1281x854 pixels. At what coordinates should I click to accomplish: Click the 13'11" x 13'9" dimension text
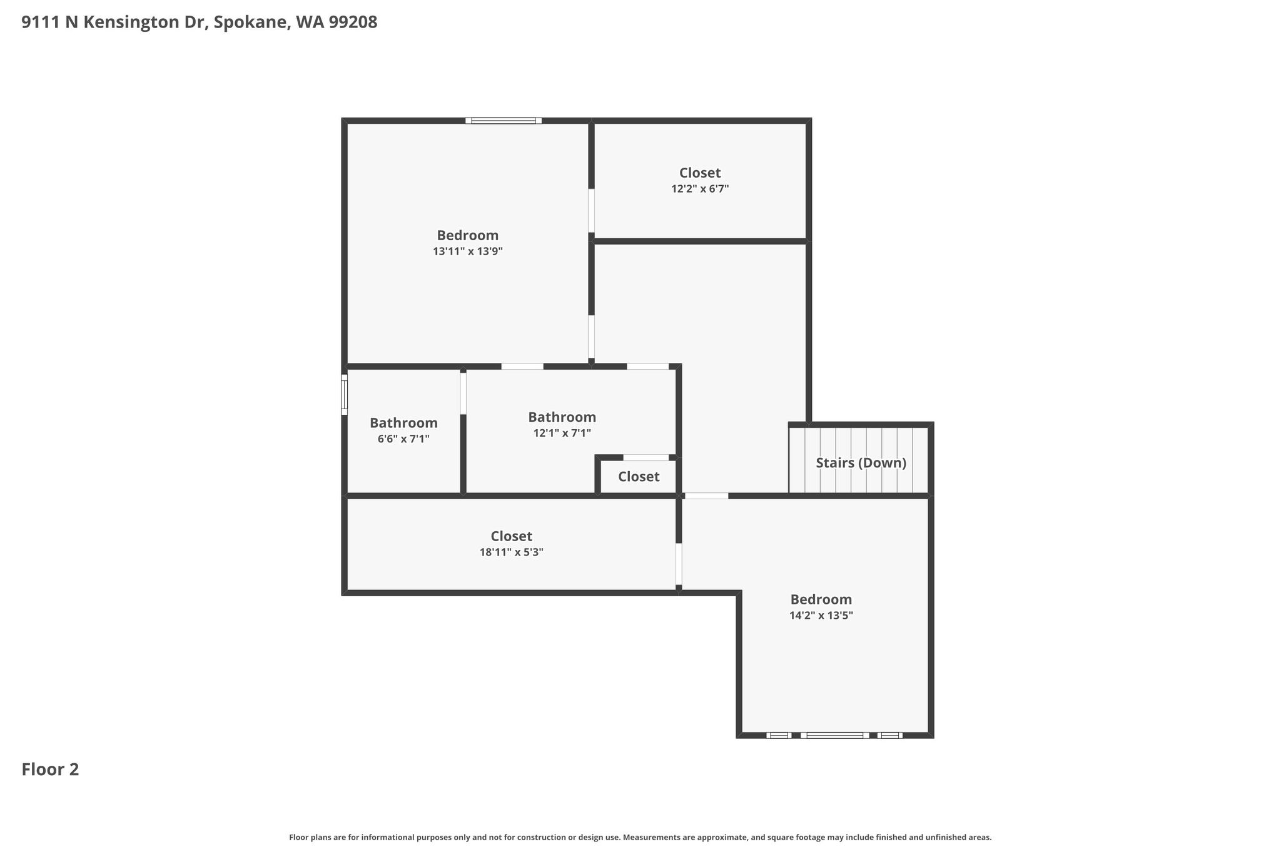tap(468, 252)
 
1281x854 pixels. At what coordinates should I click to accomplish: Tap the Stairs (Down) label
tap(861, 463)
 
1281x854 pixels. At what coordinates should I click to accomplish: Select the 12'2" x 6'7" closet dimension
tap(700, 188)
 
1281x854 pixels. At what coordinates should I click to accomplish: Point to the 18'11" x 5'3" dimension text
tap(511, 552)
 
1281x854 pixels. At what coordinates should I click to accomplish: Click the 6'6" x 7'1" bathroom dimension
tap(403, 439)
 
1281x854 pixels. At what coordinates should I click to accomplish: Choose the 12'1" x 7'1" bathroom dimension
tap(562, 433)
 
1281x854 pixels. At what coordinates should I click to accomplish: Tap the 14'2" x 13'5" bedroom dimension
tap(821, 615)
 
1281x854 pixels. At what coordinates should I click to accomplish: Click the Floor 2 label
tap(50, 770)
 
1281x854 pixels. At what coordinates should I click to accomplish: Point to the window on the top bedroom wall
tap(504, 121)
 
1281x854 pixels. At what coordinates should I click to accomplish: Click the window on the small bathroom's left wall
tap(344, 394)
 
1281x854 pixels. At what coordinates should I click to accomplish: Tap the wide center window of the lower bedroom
tap(834, 735)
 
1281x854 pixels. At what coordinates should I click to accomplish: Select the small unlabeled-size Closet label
tap(639, 477)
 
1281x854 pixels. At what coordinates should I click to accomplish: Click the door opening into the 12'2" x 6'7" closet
tap(591, 211)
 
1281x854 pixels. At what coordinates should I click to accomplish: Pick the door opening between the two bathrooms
tap(463, 393)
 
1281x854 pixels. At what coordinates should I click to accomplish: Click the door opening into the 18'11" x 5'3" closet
tap(679, 564)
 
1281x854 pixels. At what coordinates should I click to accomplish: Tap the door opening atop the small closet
tap(646, 457)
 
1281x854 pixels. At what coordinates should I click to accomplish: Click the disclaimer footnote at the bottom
tap(640, 837)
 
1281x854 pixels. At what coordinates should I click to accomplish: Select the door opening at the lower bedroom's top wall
tap(707, 496)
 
